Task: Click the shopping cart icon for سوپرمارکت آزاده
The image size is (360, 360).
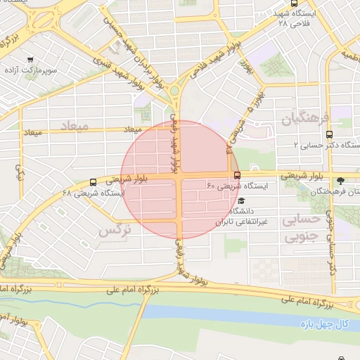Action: point(30,60)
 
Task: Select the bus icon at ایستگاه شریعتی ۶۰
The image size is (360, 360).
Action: point(236,175)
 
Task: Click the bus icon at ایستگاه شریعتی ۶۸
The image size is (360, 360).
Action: point(94,182)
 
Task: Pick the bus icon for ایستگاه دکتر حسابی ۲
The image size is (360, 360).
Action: point(331,134)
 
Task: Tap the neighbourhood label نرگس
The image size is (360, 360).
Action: point(115,229)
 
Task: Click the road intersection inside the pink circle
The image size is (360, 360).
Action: point(181,176)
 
